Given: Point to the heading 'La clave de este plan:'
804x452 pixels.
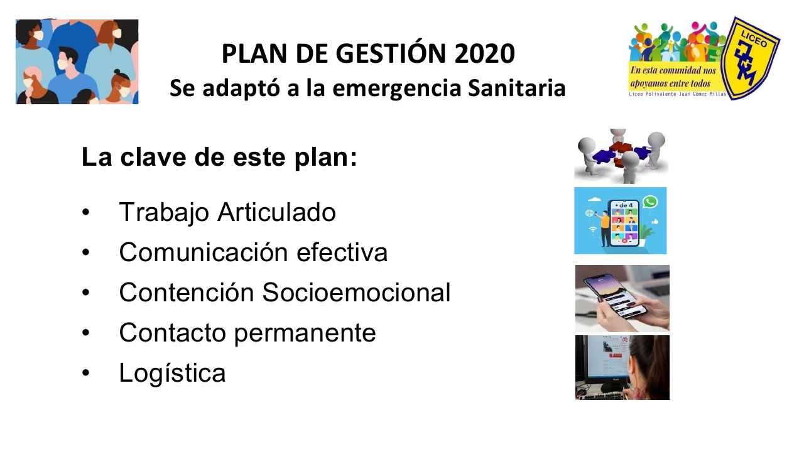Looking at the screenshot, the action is (219, 157).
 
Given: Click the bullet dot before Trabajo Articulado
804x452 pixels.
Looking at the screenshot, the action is (86, 212).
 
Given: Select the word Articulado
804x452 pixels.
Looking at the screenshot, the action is (276, 212).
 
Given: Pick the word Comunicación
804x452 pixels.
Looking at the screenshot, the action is (204, 252).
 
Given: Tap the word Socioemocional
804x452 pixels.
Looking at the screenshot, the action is (356, 292).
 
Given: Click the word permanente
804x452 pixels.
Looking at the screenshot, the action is (305, 333).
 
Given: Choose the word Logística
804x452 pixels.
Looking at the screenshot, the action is (172, 373).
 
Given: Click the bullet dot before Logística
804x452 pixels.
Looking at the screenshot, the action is (86, 373).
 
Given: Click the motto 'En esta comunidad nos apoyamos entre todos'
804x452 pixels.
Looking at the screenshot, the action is (673, 77).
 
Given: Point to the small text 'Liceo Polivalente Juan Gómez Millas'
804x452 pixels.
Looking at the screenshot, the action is (677, 94).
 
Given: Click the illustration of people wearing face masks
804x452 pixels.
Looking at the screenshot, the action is (77, 62).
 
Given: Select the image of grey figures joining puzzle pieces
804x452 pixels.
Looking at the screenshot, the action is (621, 156).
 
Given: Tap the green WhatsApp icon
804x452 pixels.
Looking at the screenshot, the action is (650, 202).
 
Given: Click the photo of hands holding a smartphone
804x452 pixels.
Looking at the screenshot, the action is (622, 298).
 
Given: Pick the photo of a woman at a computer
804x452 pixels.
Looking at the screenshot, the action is (622, 367).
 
